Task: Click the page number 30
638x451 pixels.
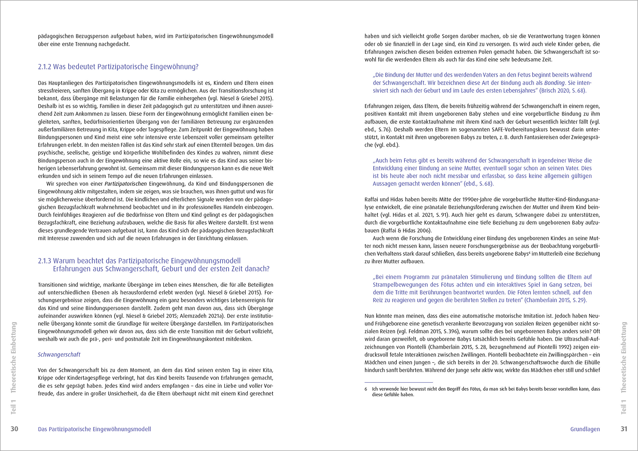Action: click(x=14, y=429)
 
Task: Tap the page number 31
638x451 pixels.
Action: click(x=624, y=429)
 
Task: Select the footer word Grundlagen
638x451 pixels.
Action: click(x=585, y=429)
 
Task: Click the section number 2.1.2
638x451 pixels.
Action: click(x=44, y=67)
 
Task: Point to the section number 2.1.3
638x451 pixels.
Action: click(x=44, y=261)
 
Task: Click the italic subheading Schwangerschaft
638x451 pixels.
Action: click(x=59, y=355)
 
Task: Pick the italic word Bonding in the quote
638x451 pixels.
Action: click(x=554, y=83)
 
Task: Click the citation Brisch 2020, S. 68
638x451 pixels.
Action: click(x=563, y=91)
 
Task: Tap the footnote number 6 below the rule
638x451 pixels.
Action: click(x=366, y=389)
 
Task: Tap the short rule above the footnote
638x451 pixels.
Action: click(x=398, y=382)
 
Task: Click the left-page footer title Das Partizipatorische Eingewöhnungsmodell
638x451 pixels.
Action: click(x=94, y=429)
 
